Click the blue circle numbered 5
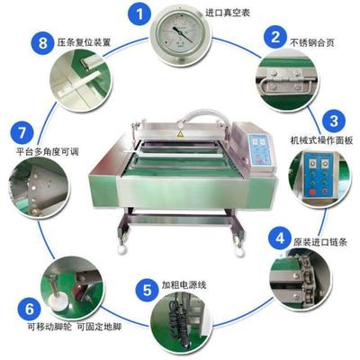(x=146, y=290)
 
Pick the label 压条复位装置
(x=79, y=41)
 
